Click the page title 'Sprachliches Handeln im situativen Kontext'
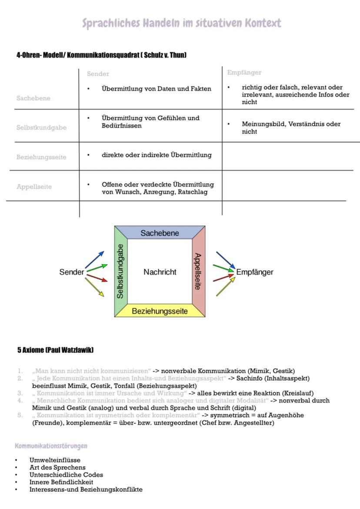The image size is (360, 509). click(x=182, y=23)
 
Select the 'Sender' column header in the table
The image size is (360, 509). click(x=98, y=74)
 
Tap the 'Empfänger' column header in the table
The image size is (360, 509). click(x=244, y=72)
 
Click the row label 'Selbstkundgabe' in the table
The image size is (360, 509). click(x=41, y=127)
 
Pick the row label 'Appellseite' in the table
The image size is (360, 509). click(x=34, y=187)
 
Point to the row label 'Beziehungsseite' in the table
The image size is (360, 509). click(x=41, y=157)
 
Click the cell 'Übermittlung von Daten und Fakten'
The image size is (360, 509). click(x=156, y=89)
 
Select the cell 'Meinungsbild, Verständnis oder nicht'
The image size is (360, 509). click(x=291, y=127)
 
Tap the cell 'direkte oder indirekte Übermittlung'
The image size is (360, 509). click(x=157, y=155)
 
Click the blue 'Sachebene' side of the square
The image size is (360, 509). click(x=160, y=233)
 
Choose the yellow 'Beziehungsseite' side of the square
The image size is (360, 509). click(x=160, y=311)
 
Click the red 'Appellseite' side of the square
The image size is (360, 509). click(x=198, y=271)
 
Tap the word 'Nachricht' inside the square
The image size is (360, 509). click(x=160, y=272)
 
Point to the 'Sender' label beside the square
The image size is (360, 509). click(x=72, y=272)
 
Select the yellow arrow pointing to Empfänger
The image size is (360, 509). click(x=225, y=287)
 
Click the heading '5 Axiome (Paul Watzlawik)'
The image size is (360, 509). click(x=55, y=350)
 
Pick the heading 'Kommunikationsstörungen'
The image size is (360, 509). click(x=51, y=446)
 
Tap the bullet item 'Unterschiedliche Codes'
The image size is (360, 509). click(x=66, y=475)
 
